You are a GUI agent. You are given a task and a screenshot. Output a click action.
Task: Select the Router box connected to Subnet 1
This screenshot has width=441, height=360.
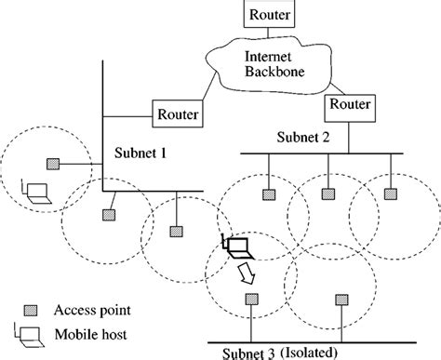click(176, 115)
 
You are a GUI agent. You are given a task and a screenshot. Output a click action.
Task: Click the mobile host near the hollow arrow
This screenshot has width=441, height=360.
click(235, 247)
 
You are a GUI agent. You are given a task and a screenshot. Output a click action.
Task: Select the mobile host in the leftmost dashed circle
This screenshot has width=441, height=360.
click(37, 193)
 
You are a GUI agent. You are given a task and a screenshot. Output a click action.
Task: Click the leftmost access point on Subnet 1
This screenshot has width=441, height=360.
click(52, 164)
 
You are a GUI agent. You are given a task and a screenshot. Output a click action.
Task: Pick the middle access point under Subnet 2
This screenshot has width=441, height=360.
click(327, 194)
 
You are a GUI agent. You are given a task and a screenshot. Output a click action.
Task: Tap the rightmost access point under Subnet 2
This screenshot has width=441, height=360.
click(387, 194)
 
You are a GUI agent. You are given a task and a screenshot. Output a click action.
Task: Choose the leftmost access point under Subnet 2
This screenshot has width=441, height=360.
click(268, 194)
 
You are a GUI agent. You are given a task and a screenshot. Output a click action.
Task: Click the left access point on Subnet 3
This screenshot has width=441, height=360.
click(251, 299)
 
